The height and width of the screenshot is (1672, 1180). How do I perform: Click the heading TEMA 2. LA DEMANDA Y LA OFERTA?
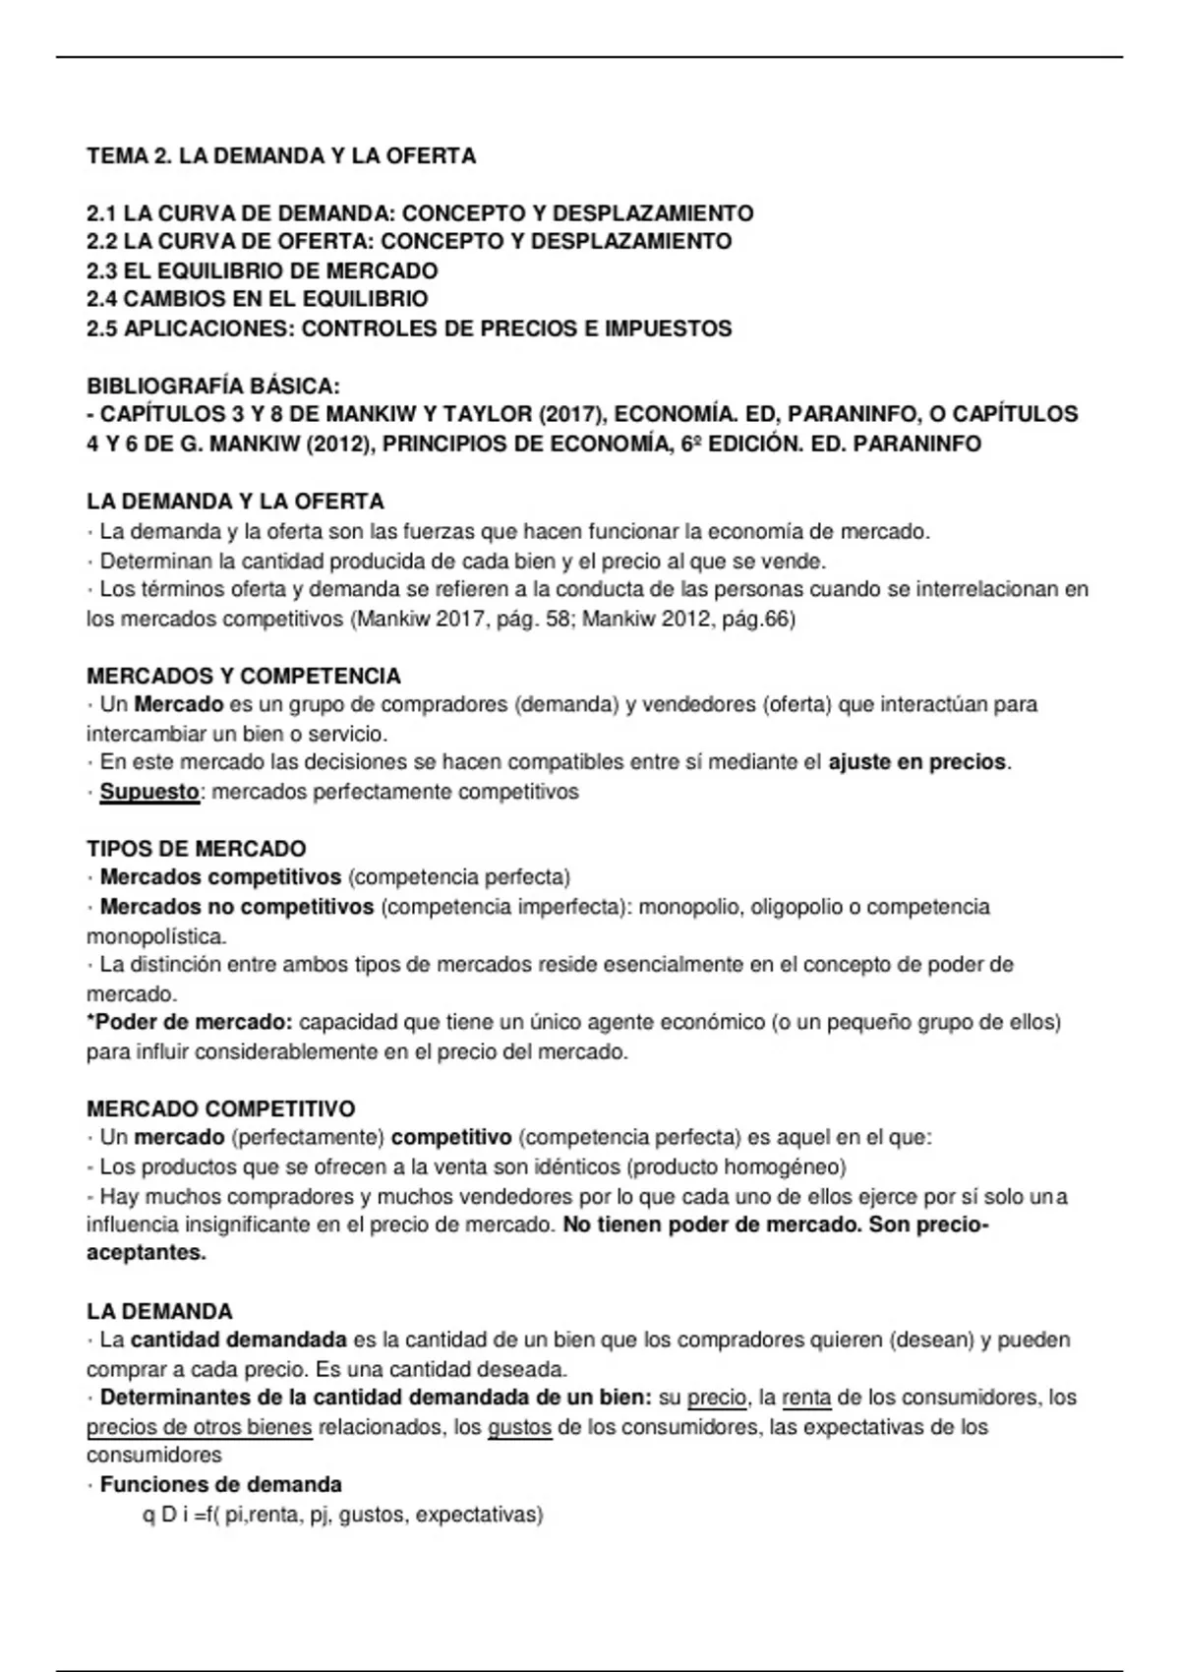tap(281, 155)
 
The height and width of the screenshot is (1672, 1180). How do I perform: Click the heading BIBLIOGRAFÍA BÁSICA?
tap(213, 386)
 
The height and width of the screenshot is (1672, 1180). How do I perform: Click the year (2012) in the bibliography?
tap(340, 444)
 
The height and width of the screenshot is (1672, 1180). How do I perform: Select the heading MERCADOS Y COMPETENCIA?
tap(243, 676)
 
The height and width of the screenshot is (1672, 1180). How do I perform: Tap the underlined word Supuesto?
tap(149, 792)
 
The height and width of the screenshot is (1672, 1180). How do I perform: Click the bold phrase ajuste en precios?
tap(917, 762)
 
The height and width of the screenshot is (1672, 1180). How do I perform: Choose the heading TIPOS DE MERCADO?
tap(197, 848)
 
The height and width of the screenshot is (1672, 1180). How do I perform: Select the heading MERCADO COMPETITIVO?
tap(221, 1109)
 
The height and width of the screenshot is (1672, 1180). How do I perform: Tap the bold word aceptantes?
tap(147, 1254)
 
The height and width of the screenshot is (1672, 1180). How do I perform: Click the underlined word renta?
tap(806, 1398)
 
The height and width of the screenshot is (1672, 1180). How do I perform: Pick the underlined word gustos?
tap(519, 1427)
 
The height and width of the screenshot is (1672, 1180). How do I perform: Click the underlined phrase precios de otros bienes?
tap(200, 1427)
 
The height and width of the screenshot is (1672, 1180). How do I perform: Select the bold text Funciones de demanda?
tap(220, 1484)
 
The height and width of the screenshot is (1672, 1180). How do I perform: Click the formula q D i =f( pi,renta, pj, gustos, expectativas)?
tap(343, 1515)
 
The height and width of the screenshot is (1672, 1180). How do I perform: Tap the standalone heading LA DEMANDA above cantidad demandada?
tap(159, 1311)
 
